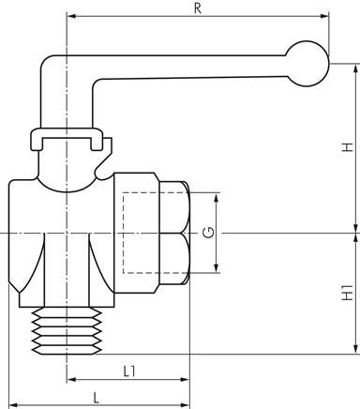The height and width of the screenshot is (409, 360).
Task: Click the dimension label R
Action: (198, 8)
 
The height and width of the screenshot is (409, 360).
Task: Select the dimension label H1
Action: (347, 293)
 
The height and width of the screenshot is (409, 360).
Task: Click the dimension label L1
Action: (129, 371)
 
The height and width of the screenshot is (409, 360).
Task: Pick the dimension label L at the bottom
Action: (97, 398)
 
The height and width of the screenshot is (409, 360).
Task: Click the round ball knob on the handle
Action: (307, 64)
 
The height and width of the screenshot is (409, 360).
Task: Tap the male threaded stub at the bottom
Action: (67, 331)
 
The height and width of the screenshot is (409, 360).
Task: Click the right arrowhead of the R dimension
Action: (324, 16)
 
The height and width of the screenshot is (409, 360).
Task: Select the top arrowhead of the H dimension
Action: (355, 68)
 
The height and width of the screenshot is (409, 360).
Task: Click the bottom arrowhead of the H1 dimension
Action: (355, 349)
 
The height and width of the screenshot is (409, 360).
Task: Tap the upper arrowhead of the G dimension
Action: (216, 198)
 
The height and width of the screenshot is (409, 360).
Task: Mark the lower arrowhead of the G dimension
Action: (216, 268)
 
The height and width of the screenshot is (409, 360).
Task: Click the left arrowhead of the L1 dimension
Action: (72, 380)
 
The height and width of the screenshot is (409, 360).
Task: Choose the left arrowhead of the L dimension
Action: (14, 405)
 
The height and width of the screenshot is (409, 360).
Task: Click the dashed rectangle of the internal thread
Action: (123, 233)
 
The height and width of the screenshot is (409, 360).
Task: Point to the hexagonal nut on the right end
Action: (174, 233)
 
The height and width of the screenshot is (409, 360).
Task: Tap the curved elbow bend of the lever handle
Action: (46, 60)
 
